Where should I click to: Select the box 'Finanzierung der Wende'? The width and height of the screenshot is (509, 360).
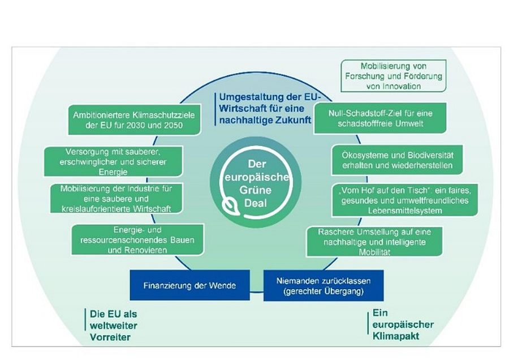click(190, 285)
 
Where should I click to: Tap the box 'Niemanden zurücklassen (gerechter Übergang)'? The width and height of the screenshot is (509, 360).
click(323, 285)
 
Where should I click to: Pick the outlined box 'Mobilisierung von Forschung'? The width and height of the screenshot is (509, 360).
click(394, 76)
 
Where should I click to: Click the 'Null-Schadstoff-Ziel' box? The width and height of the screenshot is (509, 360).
click(380, 118)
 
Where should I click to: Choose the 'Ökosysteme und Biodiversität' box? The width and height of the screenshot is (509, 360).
click(397, 160)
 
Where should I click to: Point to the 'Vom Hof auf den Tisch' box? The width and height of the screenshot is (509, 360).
click(405, 200)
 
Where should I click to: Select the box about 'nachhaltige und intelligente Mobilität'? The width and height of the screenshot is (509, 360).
click(374, 241)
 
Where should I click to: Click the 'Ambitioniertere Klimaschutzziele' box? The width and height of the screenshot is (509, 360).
click(134, 119)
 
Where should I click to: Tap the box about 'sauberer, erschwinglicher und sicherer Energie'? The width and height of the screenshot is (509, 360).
click(113, 161)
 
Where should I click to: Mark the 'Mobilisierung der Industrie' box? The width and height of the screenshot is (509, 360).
click(116, 198)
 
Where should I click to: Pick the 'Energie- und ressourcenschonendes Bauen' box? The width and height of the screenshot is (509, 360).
click(137, 240)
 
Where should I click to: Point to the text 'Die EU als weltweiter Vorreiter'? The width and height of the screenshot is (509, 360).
click(114, 325)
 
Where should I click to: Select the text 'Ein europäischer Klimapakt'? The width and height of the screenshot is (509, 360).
click(403, 324)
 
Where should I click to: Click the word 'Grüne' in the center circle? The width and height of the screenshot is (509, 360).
click(256, 190)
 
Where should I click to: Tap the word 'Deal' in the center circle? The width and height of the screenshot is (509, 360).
click(256, 203)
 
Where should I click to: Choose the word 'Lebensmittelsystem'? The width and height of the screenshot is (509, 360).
click(405, 211)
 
